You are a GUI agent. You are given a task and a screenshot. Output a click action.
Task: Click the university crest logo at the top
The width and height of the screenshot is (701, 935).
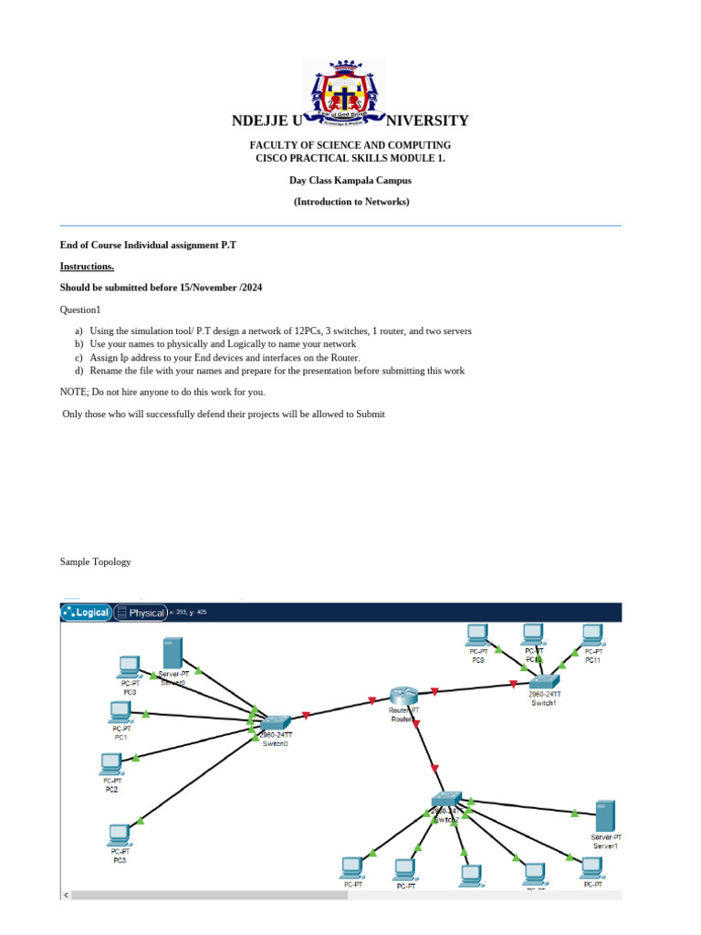[343, 93]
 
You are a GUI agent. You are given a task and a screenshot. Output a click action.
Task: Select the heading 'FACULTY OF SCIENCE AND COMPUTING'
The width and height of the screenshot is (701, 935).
[350, 145]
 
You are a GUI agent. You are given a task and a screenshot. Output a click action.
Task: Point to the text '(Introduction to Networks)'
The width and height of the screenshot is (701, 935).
[351, 202]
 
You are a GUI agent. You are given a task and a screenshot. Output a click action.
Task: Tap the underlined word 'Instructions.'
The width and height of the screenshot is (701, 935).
[88, 266]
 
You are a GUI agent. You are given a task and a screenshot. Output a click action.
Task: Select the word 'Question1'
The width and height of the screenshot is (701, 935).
[80, 310]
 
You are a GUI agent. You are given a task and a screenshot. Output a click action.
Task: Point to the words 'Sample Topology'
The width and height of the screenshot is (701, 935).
[95, 562]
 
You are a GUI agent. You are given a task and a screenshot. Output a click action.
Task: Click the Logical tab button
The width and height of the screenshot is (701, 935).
[86, 613]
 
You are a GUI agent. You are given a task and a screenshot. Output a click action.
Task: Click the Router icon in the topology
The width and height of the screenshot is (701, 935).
[403, 697]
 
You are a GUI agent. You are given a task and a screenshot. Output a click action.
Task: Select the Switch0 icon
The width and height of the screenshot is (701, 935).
[274, 721]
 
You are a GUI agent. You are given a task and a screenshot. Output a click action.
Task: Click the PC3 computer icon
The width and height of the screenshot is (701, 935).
[119, 835]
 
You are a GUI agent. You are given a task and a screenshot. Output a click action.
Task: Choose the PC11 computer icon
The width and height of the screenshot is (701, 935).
[592, 633]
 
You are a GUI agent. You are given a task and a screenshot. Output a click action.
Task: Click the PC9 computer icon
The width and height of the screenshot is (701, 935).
[476, 633]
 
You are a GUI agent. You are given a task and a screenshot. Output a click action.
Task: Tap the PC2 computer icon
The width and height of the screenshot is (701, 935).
[111, 762]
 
